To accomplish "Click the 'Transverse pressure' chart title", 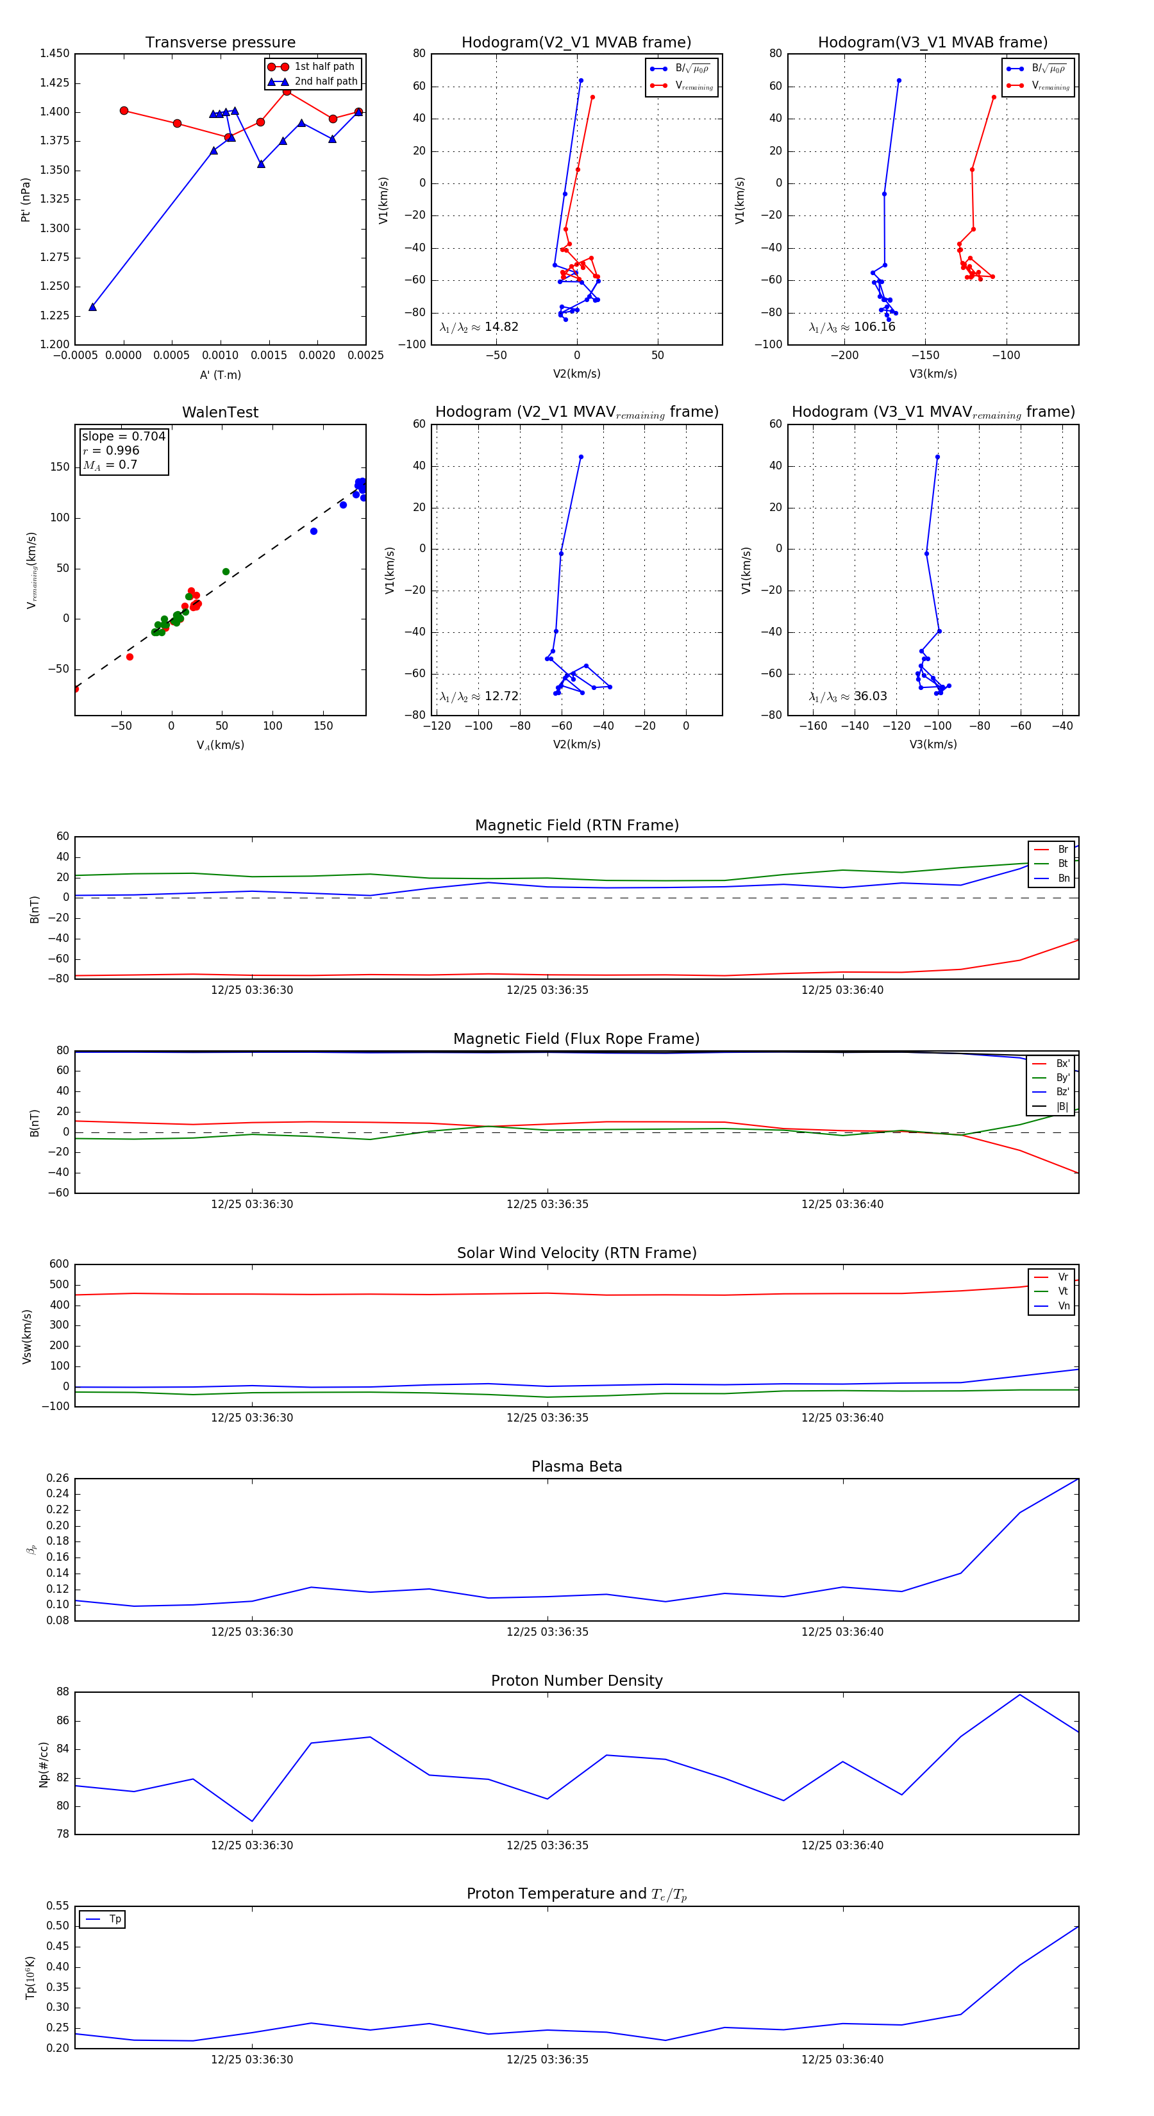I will [220, 43].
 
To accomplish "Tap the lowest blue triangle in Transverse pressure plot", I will [93, 307].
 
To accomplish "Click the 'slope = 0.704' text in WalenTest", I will [123, 436].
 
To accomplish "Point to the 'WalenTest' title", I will [220, 412].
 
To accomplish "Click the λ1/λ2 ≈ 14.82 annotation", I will [479, 327].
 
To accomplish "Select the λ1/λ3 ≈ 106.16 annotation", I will [852, 327].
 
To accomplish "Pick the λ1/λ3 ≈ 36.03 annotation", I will [848, 696].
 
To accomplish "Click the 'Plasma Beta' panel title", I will [576, 1467].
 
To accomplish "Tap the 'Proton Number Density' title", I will [576, 1681].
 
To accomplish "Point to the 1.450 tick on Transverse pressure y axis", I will [55, 55].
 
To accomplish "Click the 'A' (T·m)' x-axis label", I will [220, 375].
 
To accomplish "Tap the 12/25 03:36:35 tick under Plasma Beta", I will [547, 1632].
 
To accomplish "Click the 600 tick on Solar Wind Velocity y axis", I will [59, 1264].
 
